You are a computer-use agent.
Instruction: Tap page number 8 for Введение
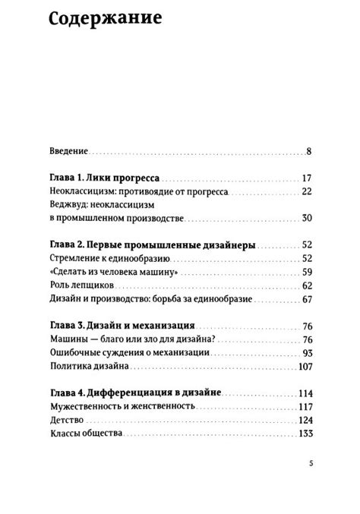(x=309, y=151)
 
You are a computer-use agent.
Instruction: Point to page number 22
(x=306, y=192)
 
